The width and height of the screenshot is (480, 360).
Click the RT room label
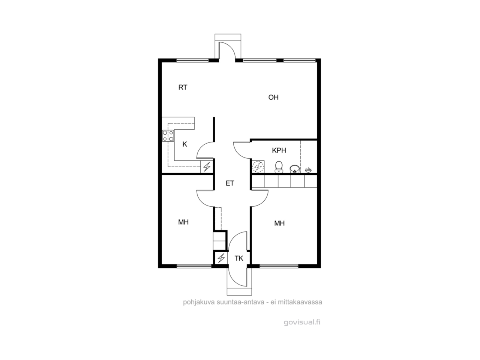[x=183, y=87]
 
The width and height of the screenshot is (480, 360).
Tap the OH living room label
[x=273, y=97]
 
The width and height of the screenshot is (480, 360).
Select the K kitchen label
[x=184, y=144]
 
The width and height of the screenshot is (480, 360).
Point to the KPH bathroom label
[x=279, y=150]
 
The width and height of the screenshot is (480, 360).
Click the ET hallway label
[x=230, y=183]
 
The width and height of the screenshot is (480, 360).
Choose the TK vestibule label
[x=239, y=258]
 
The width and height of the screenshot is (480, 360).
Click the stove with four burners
[x=168, y=136]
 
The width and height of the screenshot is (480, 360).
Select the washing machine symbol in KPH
[x=258, y=167]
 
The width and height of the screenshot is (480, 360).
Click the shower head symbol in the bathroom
[x=308, y=169]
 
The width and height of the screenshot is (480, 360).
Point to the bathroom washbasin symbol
[x=294, y=169]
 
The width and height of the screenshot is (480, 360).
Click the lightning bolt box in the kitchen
[x=207, y=167]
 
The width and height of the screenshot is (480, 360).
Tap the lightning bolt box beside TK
[x=221, y=258]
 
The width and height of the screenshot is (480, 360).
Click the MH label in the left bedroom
[x=183, y=222]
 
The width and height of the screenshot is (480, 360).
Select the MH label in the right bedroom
[x=279, y=223]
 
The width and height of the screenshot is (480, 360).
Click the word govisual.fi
[x=302, y=322]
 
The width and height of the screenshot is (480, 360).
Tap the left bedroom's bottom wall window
[x=194, y=266]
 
